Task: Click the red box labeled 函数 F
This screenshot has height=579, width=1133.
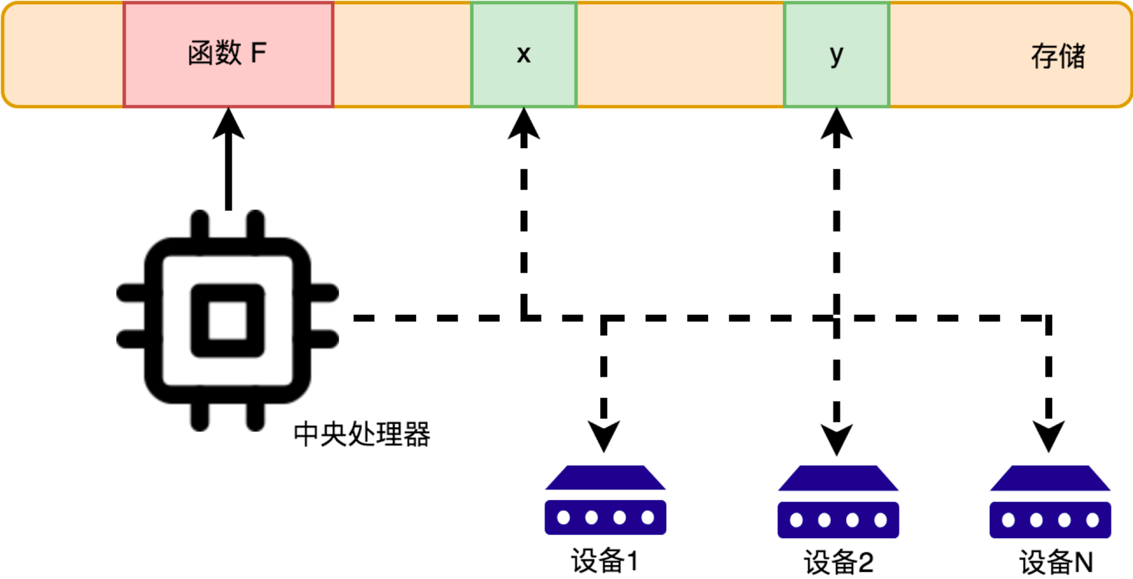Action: [x=228, y=54]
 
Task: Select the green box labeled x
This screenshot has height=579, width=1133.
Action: [x=523, y=54]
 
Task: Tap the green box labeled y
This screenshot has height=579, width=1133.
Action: [x=836, y=54]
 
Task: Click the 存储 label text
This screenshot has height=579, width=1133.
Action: [x=1057, y=56]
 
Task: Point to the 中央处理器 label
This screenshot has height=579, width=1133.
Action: [x=362, y=434]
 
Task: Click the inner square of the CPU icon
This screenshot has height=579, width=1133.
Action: [x=228, y=320]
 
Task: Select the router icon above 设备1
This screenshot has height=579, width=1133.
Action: [x=605, y=501]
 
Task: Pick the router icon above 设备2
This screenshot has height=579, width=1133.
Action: [x=838, y=502]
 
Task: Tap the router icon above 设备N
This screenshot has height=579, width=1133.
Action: [x=1050, y=502]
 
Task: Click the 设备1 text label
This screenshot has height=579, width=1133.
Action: [x=604, y=560]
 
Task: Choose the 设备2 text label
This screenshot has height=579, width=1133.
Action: [x=838, y=562]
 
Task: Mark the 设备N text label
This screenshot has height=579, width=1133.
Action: [x=1056, y=562]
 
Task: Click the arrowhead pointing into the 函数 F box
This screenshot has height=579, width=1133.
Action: [x=228, y=122]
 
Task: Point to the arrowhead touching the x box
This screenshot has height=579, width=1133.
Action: [x=523, y=123]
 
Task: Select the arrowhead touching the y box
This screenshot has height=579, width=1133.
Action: [x=836, y=123]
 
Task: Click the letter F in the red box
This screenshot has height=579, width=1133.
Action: [x=258, y=53]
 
